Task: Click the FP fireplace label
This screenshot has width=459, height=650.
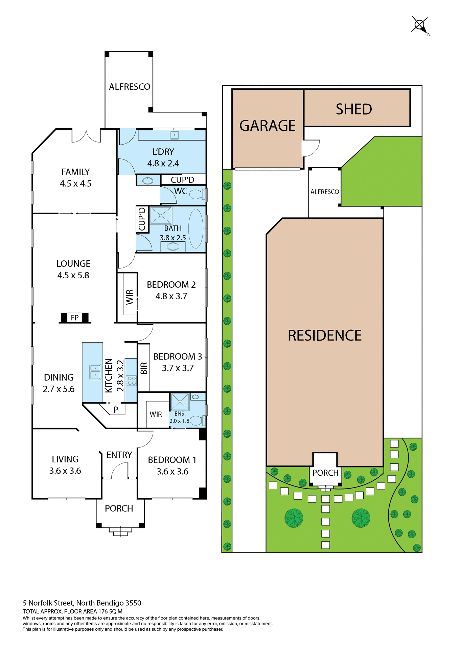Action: [x=75, y=318]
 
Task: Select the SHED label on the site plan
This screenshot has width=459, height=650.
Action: [x=354, y=109]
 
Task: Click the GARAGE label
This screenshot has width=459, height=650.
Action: [x=267, y=126]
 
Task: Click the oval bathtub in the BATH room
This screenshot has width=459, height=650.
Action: [x=196, y=229]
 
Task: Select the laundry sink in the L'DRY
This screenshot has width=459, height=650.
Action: [x=174, y=135]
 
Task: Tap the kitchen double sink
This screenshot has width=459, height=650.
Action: [x=95, y=372]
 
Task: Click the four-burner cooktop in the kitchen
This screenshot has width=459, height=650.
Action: [x=131, y=380]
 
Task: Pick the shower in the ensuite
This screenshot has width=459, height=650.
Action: [x=180, y=402]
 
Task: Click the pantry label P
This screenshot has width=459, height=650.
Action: [x=116, y=410]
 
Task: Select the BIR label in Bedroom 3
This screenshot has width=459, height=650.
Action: [x=144, y=368]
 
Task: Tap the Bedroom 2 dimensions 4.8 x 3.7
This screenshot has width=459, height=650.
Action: [x=171, y=296]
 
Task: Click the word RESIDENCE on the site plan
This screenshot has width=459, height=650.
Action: [x=324, y=335]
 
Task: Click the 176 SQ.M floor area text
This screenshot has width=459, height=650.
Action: [x=110, y=611]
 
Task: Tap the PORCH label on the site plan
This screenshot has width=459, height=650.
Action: [x=325, y=473]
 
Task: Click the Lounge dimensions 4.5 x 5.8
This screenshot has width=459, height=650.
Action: [x=73, y=275]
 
